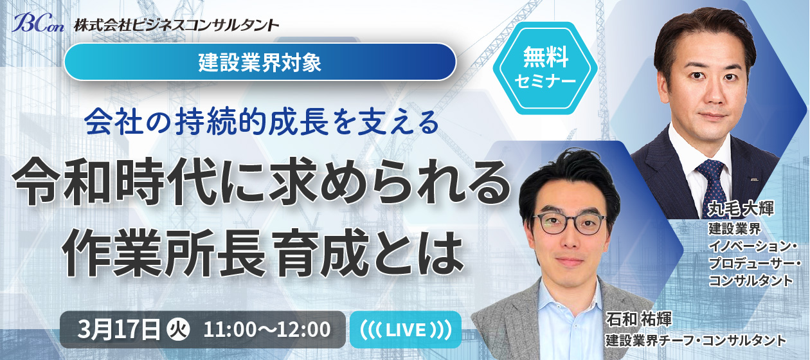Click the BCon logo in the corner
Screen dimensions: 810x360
click(x=37, y=22)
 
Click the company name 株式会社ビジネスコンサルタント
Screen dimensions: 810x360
click(x=176, y=25)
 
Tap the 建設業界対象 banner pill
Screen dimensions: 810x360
click(x=260, y=62)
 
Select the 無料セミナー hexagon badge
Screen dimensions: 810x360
click(x=545, y=68)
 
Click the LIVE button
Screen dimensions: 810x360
click(x=406, y=330)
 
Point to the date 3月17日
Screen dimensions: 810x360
click(x=118, y=329)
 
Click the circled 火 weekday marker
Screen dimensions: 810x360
click(x=178, y=330)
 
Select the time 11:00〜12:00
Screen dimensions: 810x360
click(x=267, y=330)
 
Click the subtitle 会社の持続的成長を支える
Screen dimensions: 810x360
click(x=261, y=122)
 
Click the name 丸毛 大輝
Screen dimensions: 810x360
click(x=741, y=209)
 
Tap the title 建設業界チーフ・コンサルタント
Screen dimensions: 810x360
click(x=696, y=340)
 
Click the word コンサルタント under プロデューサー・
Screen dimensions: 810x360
click(x=750, y=281)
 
